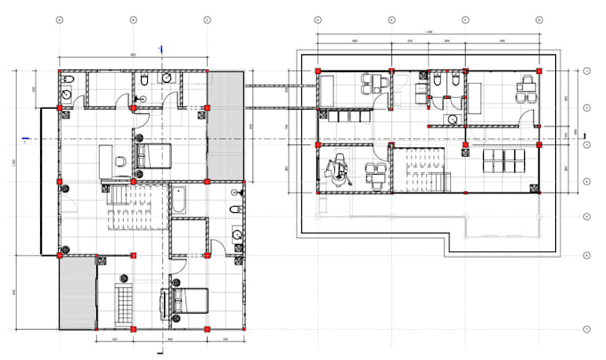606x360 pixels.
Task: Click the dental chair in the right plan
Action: click(x=340, y=170)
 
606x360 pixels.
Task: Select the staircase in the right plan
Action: click(x=415, y=168)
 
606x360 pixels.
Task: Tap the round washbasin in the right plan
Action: click(x=453, y=119)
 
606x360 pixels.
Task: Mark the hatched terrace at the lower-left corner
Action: click(x=75, y=293)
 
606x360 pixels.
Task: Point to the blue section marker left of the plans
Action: click(x=27, y=138)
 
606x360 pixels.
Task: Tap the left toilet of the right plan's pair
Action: click(x=437, y=83)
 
